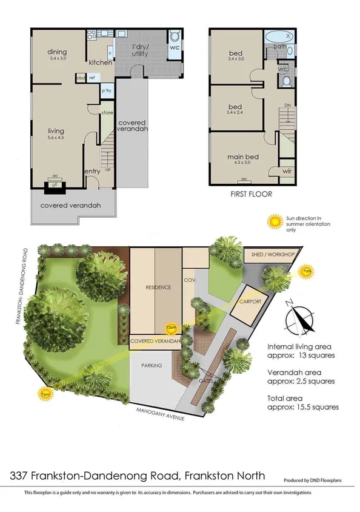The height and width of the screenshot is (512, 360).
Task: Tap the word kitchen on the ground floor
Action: tap(99, 62)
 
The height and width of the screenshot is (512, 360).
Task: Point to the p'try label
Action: tap(106, 91)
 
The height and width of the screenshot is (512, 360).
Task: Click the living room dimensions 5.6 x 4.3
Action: tap(56, 138)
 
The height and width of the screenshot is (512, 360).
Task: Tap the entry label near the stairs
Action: tap(92, 172)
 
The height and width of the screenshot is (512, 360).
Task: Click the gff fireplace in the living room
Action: tap(54, 186)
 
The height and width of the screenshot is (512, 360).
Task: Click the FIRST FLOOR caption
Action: tap(252, 195)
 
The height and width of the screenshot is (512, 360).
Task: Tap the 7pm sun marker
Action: tap(44, 394)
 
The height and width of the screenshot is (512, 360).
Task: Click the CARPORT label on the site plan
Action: tap(250, 301)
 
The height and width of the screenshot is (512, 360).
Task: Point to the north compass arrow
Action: tap(303, 318)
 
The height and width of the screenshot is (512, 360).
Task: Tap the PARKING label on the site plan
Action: tap(151, 366)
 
